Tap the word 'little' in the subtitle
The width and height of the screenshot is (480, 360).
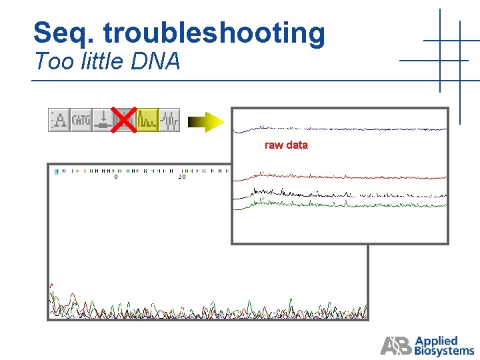coord(103,61)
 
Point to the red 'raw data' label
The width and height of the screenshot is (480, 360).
coord(286,145)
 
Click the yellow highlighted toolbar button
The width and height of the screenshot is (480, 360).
coord(147,120)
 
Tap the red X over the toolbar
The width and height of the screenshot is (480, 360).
coord(124,119)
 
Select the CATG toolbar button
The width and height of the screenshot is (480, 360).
coord(81,120)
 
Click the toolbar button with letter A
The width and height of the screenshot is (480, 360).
coord(59,120)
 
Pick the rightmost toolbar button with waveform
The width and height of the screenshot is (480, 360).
coord(169,120)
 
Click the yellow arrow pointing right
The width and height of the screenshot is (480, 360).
coord(205,121)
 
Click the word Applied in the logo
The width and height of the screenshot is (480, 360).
coord(437,341)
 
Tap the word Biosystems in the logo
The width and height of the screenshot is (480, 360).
coord(444,351)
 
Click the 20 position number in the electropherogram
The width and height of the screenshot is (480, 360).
coord(181,177)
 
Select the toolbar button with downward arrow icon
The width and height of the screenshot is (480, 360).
coord(102,120)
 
